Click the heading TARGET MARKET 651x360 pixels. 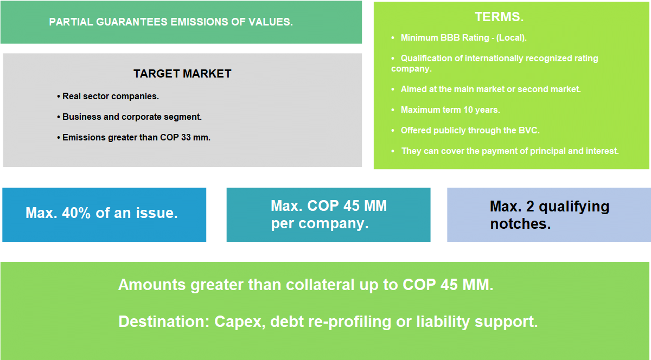182,74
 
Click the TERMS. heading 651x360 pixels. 499,17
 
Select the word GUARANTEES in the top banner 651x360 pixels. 132,22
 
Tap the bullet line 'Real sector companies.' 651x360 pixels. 108,96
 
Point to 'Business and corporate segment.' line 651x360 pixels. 129,117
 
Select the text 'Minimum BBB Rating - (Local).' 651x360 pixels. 463,38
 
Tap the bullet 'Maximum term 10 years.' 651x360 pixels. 450,110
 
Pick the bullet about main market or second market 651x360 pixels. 490,89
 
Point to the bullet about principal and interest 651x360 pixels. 510,151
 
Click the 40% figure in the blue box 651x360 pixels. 76,213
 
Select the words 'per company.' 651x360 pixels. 320,224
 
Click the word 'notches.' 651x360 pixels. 520,224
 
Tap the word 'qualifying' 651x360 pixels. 574,208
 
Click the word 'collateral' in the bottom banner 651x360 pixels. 320,285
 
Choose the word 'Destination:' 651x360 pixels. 164,322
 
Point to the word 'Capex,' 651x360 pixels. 240,323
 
